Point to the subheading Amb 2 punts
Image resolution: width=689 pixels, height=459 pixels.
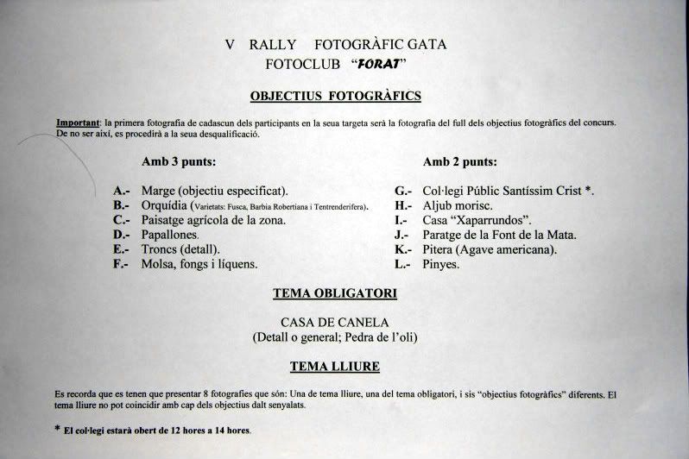pyautogui.click(x=460, y=161)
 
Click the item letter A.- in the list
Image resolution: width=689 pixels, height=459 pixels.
pyautogui.click(x=122, y=191)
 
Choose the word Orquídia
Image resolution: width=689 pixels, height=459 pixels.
pyautogui.click(x=167, y=205)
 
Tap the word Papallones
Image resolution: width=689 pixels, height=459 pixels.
pyautogui.click(x=170, y=235)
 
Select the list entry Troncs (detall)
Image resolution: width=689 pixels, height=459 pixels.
pyautogui.click(x=180, y=249)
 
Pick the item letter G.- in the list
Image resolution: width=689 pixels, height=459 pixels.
pyautogui.click(x=404, y=191)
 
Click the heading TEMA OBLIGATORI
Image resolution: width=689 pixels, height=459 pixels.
pyautogui.click(x=335, y=293)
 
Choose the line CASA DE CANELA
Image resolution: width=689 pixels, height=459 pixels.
pyautogui.click(x=335, y=322)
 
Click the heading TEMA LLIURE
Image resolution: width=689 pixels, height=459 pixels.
pyautogui.click(x=335, y=367)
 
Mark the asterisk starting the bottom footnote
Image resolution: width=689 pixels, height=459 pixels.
pyautogui.click(x=58, y=428)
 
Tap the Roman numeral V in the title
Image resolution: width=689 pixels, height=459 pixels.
pyautogui.click(x=230, y=44)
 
